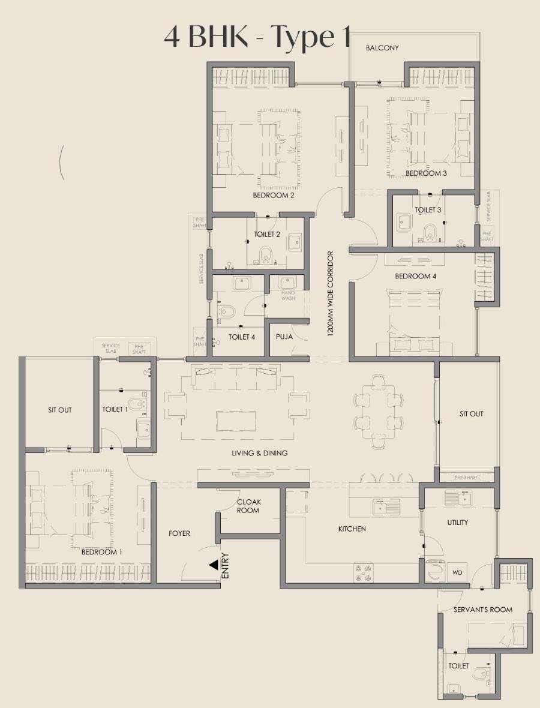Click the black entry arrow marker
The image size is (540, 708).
click(213, 565)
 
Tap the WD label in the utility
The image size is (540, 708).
click(457, 573)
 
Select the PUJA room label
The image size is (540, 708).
click(284, 337)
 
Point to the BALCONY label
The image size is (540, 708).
click(382, 48)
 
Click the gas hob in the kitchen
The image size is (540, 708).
click(364, 572)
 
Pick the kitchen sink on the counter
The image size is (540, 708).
click(382, 508)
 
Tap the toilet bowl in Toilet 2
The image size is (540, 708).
click(266, 254)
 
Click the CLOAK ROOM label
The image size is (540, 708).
click(248, 506)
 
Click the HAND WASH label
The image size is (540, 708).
click(288, 295)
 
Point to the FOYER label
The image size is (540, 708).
click(179, 533)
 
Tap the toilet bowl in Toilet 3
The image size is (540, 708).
click(430, 231)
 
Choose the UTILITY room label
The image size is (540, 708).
click(458, 523)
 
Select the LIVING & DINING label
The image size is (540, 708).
click(259, 453)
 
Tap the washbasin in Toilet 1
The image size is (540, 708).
click(143, 428)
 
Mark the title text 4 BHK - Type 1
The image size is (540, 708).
click(257, 37)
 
